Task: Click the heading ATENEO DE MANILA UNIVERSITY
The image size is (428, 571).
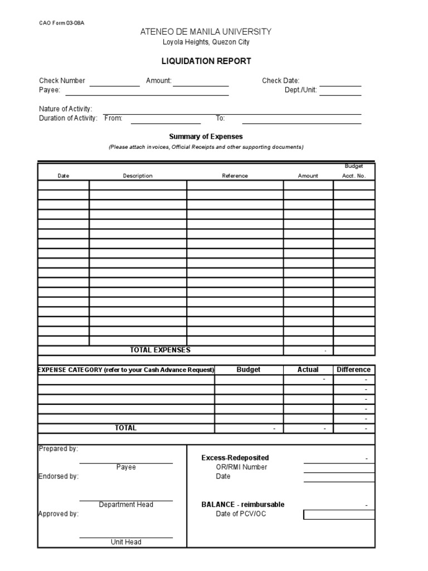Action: [206, 32]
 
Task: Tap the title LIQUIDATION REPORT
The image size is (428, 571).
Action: [206, 61]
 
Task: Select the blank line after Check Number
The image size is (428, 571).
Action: [115, 83]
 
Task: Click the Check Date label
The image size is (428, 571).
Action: [280, 81]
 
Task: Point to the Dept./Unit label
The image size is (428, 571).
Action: [300, 90]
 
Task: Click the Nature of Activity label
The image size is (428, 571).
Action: [65, 109]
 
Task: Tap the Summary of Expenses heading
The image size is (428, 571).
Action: [206, 137]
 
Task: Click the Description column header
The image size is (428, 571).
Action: [138, 176]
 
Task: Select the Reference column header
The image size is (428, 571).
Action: [235, 176]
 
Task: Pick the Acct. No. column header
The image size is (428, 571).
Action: [354, 176]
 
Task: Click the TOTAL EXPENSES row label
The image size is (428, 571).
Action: [160, 350]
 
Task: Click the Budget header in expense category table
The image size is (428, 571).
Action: [249, 370]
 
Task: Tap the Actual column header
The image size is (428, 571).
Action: [308, 370]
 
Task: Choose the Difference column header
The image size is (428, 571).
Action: [354, 370]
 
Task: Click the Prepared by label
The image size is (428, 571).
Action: [58, 448]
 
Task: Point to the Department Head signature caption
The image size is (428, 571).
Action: [126, 505]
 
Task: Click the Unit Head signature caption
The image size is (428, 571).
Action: [126, 542]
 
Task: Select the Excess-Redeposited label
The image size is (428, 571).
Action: [235, 458]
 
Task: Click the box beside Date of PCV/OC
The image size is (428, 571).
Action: [339, 514]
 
